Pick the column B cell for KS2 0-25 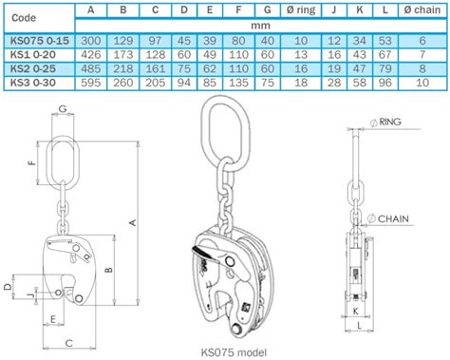124,69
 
